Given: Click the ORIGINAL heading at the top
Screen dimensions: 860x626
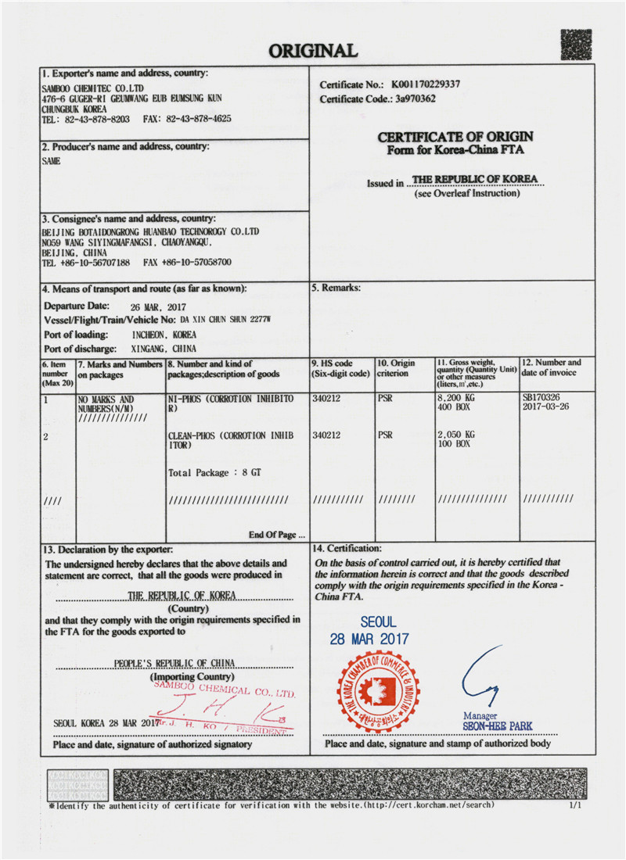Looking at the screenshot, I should click(x=313, y=52).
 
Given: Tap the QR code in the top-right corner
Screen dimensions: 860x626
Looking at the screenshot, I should click(x=576, y=45).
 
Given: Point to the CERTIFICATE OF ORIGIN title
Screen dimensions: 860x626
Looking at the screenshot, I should click(x=455, y=138).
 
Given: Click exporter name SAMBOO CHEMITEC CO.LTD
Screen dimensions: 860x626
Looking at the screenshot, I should click(x=92, y=89).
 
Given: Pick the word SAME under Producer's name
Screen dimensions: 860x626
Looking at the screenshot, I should click(x=51, y=161).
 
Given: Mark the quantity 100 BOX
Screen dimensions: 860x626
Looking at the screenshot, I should click(x=454, y=443).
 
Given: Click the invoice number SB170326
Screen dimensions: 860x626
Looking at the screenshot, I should click(x=541, y=397).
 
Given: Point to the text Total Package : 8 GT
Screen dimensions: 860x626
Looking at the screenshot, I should click(x=210, y=473).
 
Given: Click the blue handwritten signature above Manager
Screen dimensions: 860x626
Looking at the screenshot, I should click(x=478, y=676).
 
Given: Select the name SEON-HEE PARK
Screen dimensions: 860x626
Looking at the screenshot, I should click(x=498, y=726).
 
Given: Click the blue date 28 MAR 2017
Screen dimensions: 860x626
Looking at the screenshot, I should click(x=369, y=639).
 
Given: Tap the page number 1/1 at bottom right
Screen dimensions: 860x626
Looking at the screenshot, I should click(x=575, y=804).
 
